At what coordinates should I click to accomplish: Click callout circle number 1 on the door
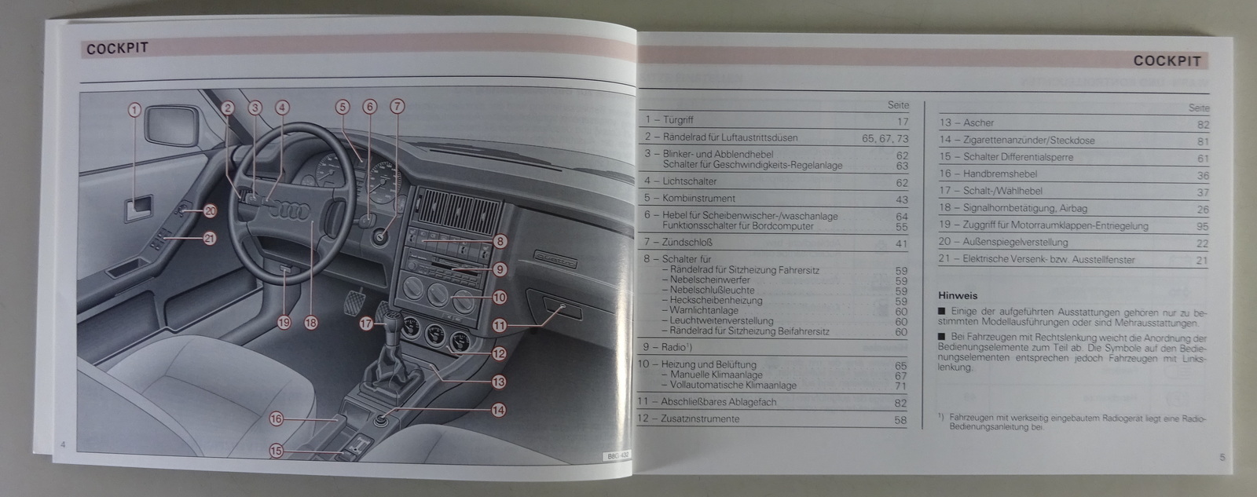[x=134, y=111]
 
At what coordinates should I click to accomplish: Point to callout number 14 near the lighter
[x=499, y=410]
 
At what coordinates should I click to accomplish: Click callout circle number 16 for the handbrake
[x=276, y=419]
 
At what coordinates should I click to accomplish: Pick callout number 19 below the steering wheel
[x=284, y=321]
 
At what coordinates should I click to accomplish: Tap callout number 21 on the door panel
[x=210, y=239]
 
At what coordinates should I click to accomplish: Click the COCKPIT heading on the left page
[x=117, y=49]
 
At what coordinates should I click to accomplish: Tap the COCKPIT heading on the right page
[x=1167, y=61]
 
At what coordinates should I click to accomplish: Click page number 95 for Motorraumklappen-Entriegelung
[x=1201, y=226]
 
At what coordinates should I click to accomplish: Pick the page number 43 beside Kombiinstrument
[x=901, y=199]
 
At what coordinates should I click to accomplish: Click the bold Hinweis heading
[x=958, y=296]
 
